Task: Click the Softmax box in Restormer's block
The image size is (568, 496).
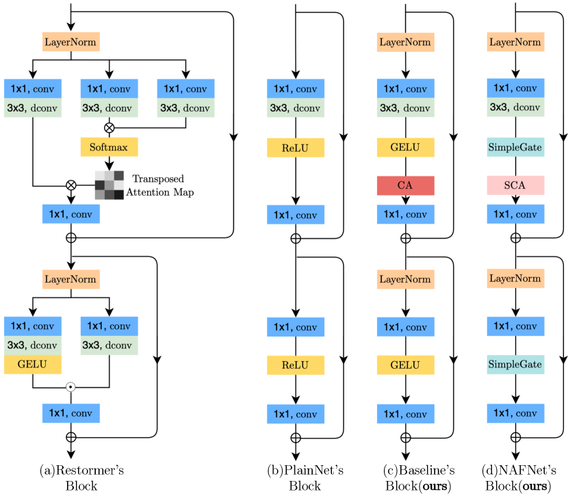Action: pos(109,146)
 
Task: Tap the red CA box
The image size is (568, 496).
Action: pos(406,185)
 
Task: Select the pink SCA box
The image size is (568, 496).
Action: pos(516,185)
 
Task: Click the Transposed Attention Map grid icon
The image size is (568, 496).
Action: pos(109,185)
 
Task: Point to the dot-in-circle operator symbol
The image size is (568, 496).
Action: pos(70,387)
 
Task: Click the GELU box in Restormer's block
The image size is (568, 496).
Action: pos(33,364)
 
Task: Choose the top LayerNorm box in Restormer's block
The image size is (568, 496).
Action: pos(71,42)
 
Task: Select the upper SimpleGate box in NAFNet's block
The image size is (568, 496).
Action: pos(516,147)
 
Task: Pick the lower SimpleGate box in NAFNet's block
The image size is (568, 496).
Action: pos(516,365)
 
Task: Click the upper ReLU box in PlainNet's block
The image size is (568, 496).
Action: pos(296,147)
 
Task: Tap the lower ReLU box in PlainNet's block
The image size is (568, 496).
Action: pos(296,365)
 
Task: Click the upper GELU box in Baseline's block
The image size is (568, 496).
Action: pos(406,147)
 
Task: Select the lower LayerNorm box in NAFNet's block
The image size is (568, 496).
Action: pos(516,278)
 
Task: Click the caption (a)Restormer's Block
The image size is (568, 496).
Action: pos(71,478)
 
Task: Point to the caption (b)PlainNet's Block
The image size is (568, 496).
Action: pos(296,478)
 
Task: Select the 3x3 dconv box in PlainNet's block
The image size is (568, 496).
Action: pos(296,107)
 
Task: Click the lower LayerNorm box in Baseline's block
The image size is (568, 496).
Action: pos(406,278)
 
